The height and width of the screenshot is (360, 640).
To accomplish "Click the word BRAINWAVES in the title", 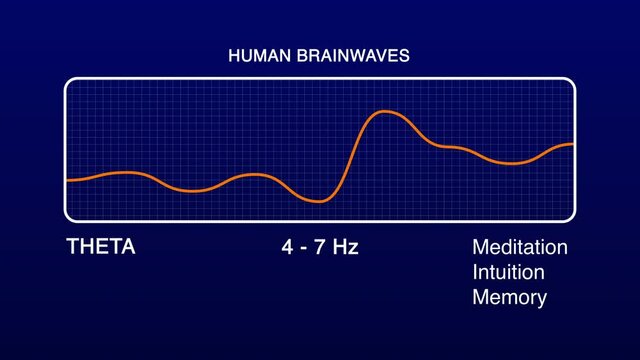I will (x=350, y=56).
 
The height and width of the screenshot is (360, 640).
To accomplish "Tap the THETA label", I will (x=100, y=247).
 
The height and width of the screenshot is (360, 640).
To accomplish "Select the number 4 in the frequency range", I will (x=287, y=247).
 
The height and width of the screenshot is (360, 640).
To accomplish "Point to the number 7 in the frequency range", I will (x=317, y=247).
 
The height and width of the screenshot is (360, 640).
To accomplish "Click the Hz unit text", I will (x=344, y=247).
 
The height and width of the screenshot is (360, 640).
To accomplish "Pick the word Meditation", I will (x=519, y=247).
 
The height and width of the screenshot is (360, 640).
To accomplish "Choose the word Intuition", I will (x=508, y=272).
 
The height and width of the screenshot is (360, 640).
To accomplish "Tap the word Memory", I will (x=509, y=297).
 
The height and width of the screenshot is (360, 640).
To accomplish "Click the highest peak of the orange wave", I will (x=385, y=112).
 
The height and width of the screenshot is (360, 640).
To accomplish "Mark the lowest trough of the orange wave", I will (x=319, y=201).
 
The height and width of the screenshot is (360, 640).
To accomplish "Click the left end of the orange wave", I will (x=67, y=180).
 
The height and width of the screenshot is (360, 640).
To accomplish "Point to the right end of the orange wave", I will (x=573, y=144).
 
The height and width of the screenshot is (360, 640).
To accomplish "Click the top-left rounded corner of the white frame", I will (x=69, y=82).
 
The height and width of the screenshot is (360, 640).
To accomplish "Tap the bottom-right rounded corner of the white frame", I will (x=571, y=217).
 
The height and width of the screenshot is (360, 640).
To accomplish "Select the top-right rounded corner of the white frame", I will (x=571, y=82).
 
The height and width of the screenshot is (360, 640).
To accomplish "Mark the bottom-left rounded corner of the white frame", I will (x=69, y=217).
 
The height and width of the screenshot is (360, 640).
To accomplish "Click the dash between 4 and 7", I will (x=302, y=248).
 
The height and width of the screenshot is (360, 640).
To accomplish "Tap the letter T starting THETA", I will (x=72, y=247).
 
